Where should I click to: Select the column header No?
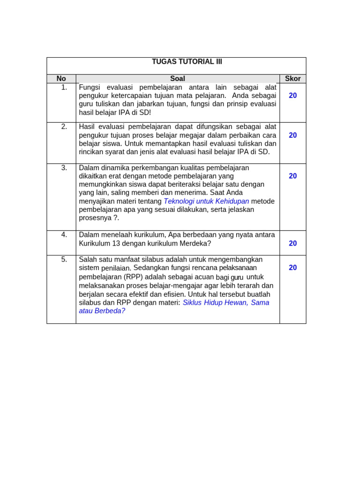(61, 79)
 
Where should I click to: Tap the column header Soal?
(178, 79)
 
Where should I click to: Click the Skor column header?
(292, 79)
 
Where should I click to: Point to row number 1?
(64, 87)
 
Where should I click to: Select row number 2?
(64, 127)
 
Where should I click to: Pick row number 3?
(64, 168)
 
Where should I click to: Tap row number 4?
(64, 235)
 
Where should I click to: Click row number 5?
(64, 260)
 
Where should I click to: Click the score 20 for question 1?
(292, 96)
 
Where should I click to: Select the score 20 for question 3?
(292, 176)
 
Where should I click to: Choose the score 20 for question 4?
(292, 243)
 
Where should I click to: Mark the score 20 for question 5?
(292, 268)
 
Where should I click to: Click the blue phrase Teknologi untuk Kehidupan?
(206, 201)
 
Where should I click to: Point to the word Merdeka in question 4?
(193, 243)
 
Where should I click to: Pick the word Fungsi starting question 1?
(91, 87)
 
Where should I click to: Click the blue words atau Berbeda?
(102, 311)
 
